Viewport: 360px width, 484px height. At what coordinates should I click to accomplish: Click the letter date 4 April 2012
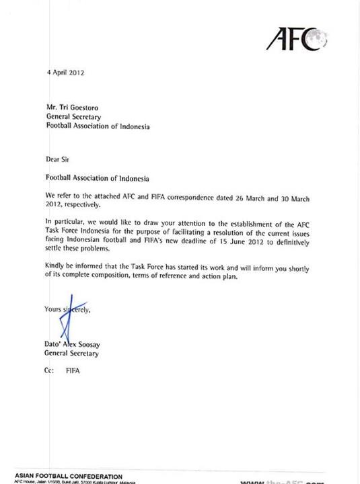coord(65,72)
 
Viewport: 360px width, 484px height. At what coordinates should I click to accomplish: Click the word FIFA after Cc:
coord(73,370)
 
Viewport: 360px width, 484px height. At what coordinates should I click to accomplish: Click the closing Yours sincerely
coord(67,310)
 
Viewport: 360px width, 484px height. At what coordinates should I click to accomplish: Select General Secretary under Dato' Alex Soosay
coord(71,353)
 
